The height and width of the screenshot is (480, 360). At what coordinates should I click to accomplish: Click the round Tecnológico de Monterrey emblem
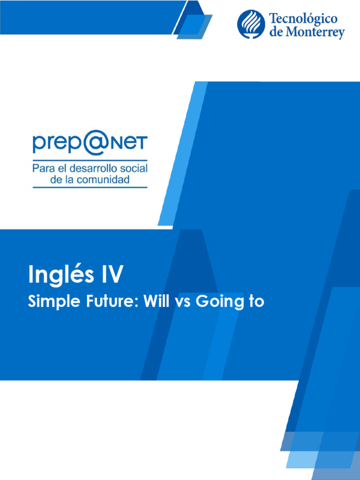(251, 24)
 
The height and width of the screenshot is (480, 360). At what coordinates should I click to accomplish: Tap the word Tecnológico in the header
(303, 19)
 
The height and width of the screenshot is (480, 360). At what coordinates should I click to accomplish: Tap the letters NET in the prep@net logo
(129, 142)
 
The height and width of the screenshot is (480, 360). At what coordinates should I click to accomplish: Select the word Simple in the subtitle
(49, 302)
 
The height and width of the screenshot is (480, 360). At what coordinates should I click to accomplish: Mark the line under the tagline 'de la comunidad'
(90, 187)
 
